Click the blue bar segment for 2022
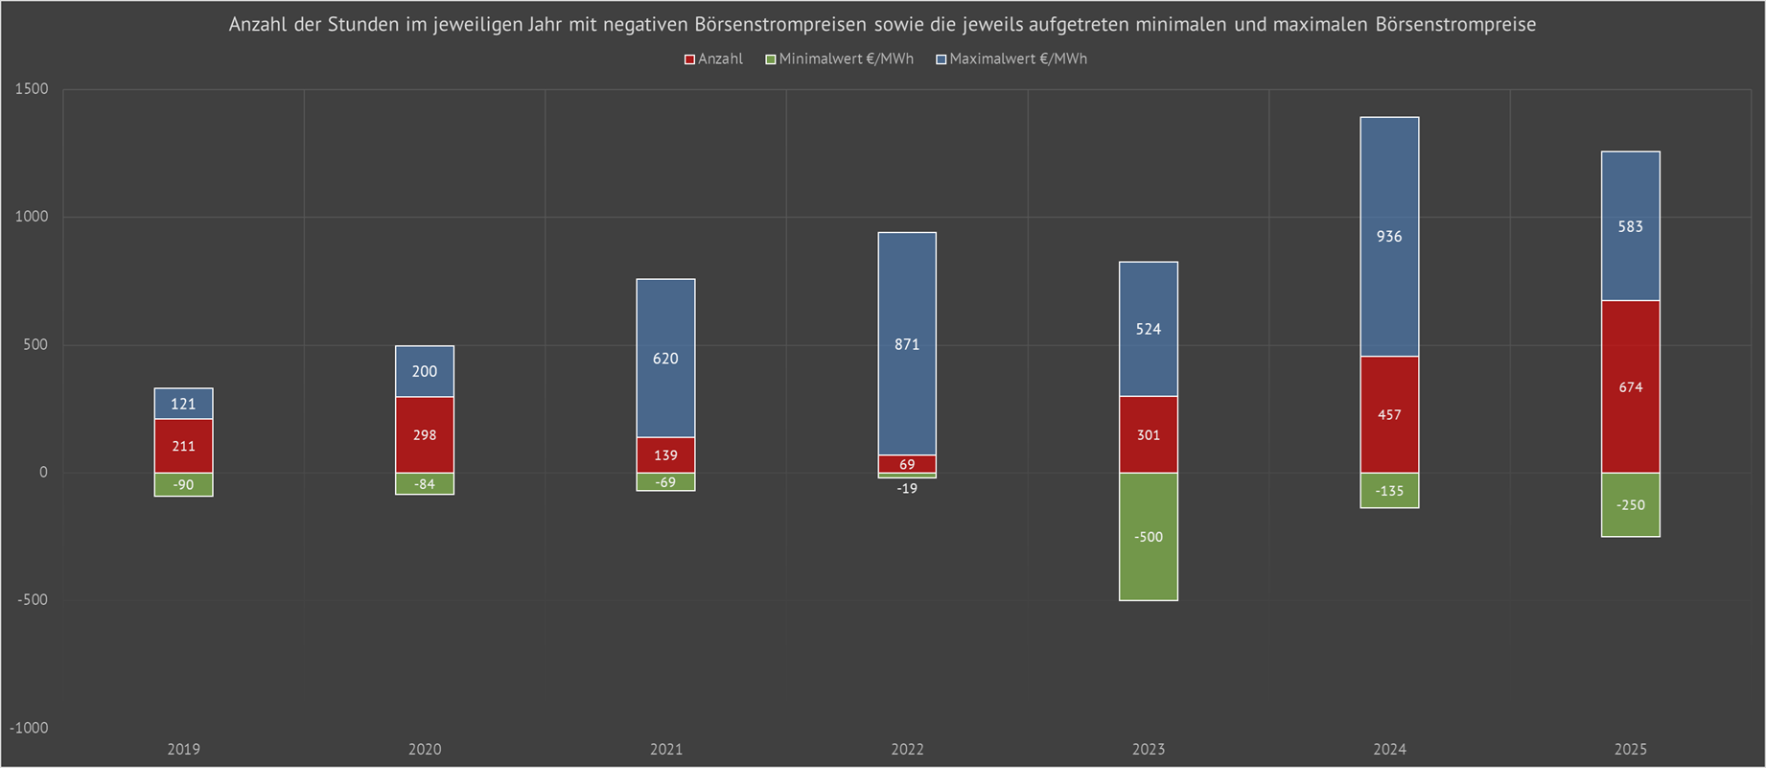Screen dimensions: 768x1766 click(907, 288)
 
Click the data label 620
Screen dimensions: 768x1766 click(665, 359)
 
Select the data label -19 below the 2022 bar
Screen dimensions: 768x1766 click(907, 489)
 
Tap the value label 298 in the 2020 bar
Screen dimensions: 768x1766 click(425, 435)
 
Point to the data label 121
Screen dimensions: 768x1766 click(183, 404)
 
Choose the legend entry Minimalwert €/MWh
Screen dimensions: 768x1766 click(846, 58)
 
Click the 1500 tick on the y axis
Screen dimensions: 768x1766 click(32, 89)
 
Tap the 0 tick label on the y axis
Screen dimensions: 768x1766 click(43, 473)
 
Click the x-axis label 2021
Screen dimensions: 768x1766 click(665, 749)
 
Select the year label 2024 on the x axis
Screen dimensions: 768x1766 click(1389, 749)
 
